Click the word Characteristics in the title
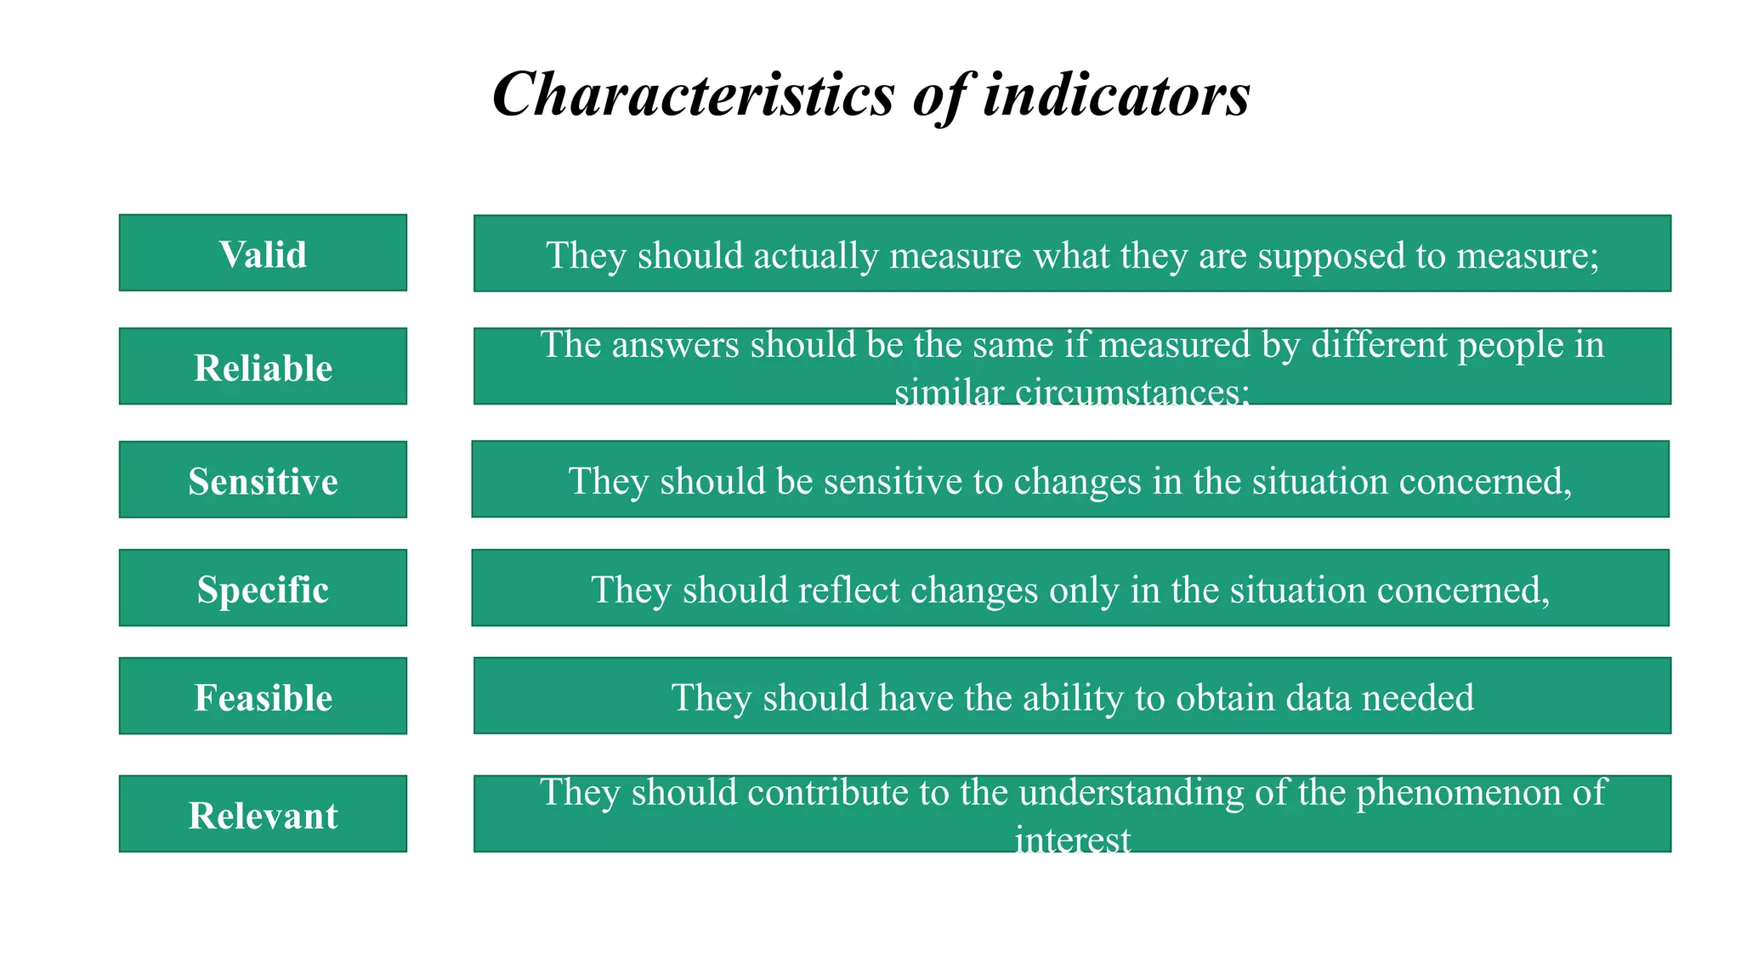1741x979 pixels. click(x=693, y=93)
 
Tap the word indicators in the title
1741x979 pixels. click(x=1116, y=93)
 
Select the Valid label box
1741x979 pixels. click(x=263, y=253)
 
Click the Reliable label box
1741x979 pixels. click(x=263, y=367)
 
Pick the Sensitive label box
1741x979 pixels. click(x=263, y=480)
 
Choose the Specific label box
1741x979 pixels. click(x=263, y=588)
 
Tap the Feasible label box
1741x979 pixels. click(x=263, y=696)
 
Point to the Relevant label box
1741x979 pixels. click(x=263, y=814)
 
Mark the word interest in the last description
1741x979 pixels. click(x=1072, y=840)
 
